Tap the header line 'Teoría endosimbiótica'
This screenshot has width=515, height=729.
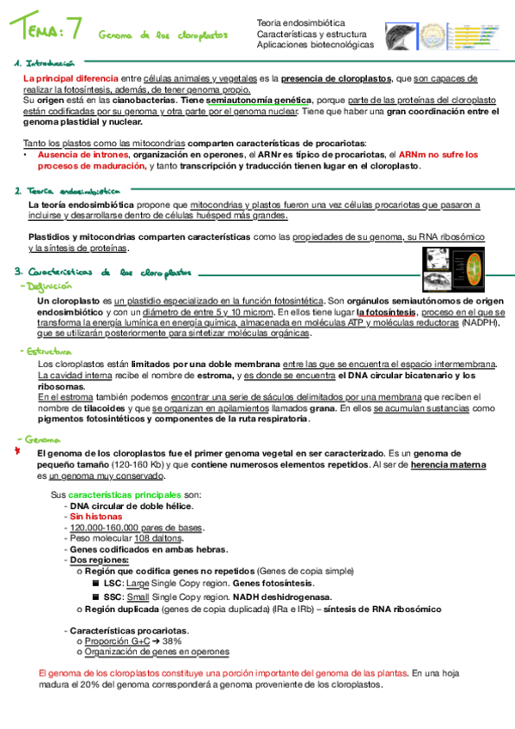coord(300,22)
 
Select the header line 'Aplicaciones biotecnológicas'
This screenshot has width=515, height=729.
coord(316,44)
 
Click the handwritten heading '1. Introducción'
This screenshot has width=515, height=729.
coord(44,64)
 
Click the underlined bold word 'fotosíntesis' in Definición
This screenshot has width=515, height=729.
coord(388,313)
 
